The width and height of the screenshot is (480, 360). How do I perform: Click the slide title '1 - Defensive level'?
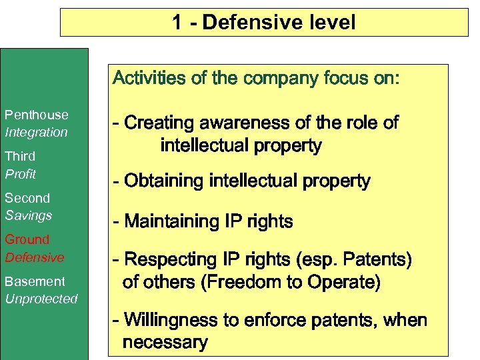click(264, 23)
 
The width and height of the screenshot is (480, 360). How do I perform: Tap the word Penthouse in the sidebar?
click(36, 115)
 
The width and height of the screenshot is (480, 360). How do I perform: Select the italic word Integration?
click(36, 132)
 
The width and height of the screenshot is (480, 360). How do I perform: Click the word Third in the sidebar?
click(20, 157)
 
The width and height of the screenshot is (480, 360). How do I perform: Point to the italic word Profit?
click(21, 174)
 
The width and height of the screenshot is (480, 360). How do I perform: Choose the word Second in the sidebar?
click(27, 198)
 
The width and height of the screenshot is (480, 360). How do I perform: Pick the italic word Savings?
click(28, 215)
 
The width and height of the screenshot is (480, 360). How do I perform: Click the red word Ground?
click(27, 239)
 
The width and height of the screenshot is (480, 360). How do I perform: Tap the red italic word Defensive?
click(35, 257)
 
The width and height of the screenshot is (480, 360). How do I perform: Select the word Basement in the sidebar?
click(35, 281)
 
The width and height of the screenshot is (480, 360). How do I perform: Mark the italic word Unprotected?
click(41, 299)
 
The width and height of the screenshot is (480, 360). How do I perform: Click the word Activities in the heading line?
click(149, 79)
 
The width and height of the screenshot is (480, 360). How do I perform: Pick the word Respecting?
click(167, 259)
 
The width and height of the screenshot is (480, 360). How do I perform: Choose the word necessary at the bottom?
click(165, 343)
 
